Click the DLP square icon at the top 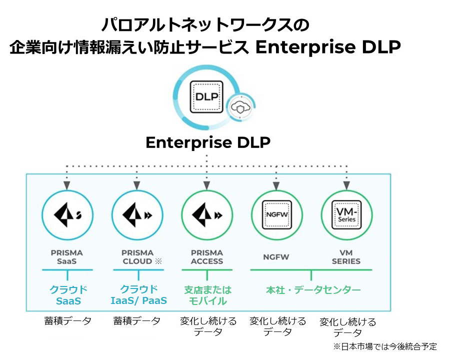click(207, 96)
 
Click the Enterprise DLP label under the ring click(208, 142)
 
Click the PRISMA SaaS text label click(66, 257)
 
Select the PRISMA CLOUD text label click(138, 257)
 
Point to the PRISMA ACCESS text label click(206, 257)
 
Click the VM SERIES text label click(346, 257)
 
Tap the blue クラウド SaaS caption click(67, 295)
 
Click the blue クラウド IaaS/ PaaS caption click(138, 295)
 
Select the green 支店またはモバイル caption click(207, 295)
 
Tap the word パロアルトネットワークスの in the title click(205, 25)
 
